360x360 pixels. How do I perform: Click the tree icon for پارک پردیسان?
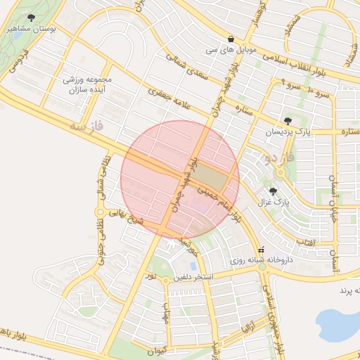coord(287,120)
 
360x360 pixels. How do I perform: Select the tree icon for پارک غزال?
coord(274,191)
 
